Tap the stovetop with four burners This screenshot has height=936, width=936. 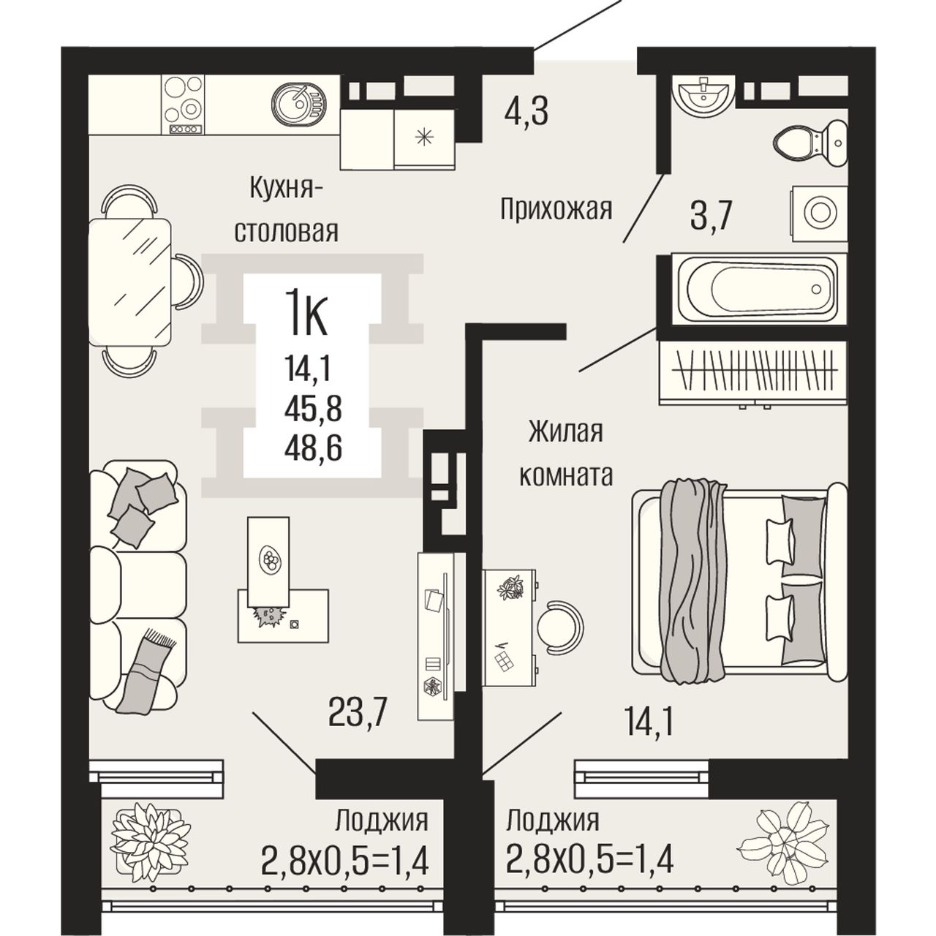[183, 105]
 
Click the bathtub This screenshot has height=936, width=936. [758, 290]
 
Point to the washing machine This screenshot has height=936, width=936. [819, 214]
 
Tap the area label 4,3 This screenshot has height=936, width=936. [526, 112]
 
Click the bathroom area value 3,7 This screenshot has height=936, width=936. [711, 216]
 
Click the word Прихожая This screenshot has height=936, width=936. [556, 210]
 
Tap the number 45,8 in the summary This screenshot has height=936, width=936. [313, 409]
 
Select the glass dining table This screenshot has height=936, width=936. [130, 282]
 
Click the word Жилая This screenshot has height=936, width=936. [566, 432]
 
